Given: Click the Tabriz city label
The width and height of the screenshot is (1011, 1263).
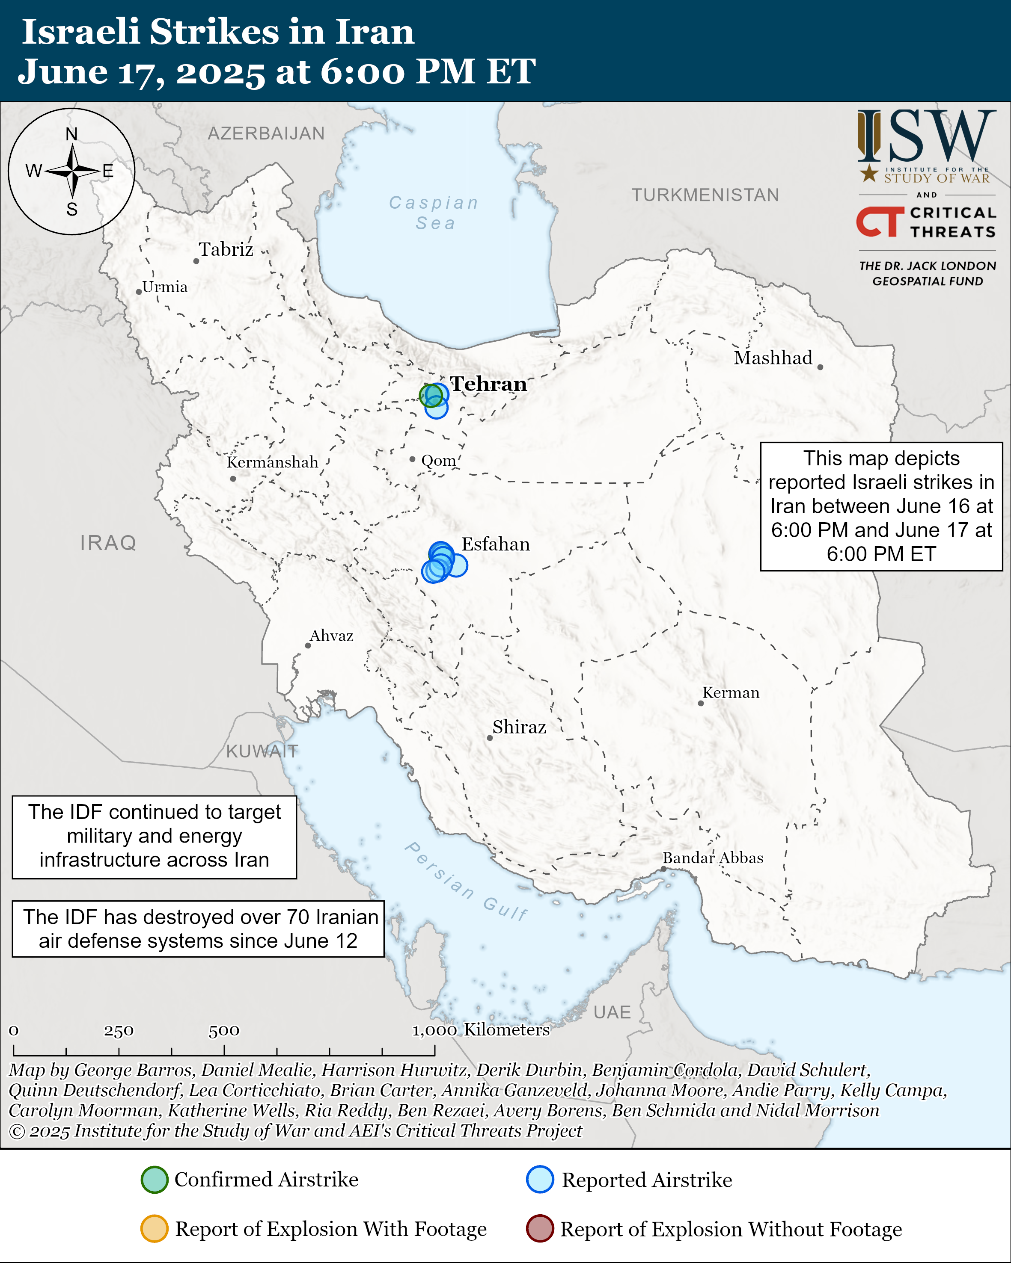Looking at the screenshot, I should pyautogui.click(x=226, y=249).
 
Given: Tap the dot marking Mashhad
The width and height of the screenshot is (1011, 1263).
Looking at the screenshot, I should pyautogui.click(x=820, y=367).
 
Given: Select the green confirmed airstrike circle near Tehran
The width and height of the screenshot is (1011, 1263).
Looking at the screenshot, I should pyautogui.click(x=431, y=396).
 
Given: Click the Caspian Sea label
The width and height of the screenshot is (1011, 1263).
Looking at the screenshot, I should pyautogui.click(x=434, y=213).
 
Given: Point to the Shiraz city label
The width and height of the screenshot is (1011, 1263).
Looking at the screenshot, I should pyautogui.click(x=519, y=727).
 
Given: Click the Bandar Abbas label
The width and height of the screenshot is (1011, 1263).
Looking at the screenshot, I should pyautogui.click(x=713, y=858).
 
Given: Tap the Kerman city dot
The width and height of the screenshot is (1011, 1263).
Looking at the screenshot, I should pyautogui.click(x=700, y=703).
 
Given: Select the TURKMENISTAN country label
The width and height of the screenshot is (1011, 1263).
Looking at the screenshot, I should pyautogui.click(x=705, y=195).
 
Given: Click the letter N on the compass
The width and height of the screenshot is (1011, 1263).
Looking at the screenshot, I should pyautogui.click(x=71, y=134).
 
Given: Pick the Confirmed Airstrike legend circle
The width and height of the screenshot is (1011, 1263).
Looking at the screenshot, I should pyautogui.click(x=155, y=1180).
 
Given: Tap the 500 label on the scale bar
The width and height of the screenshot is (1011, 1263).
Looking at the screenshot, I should pyautogui.click(x=224, y=1030).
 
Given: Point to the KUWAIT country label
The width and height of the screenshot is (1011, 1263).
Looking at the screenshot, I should pyautogui.click(x=262, y=751).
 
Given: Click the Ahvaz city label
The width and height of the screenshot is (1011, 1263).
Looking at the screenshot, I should pyautogui.click(x=331, y=636).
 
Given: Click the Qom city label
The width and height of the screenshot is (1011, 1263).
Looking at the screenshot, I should pyautogui.click(x=438, y=461).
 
